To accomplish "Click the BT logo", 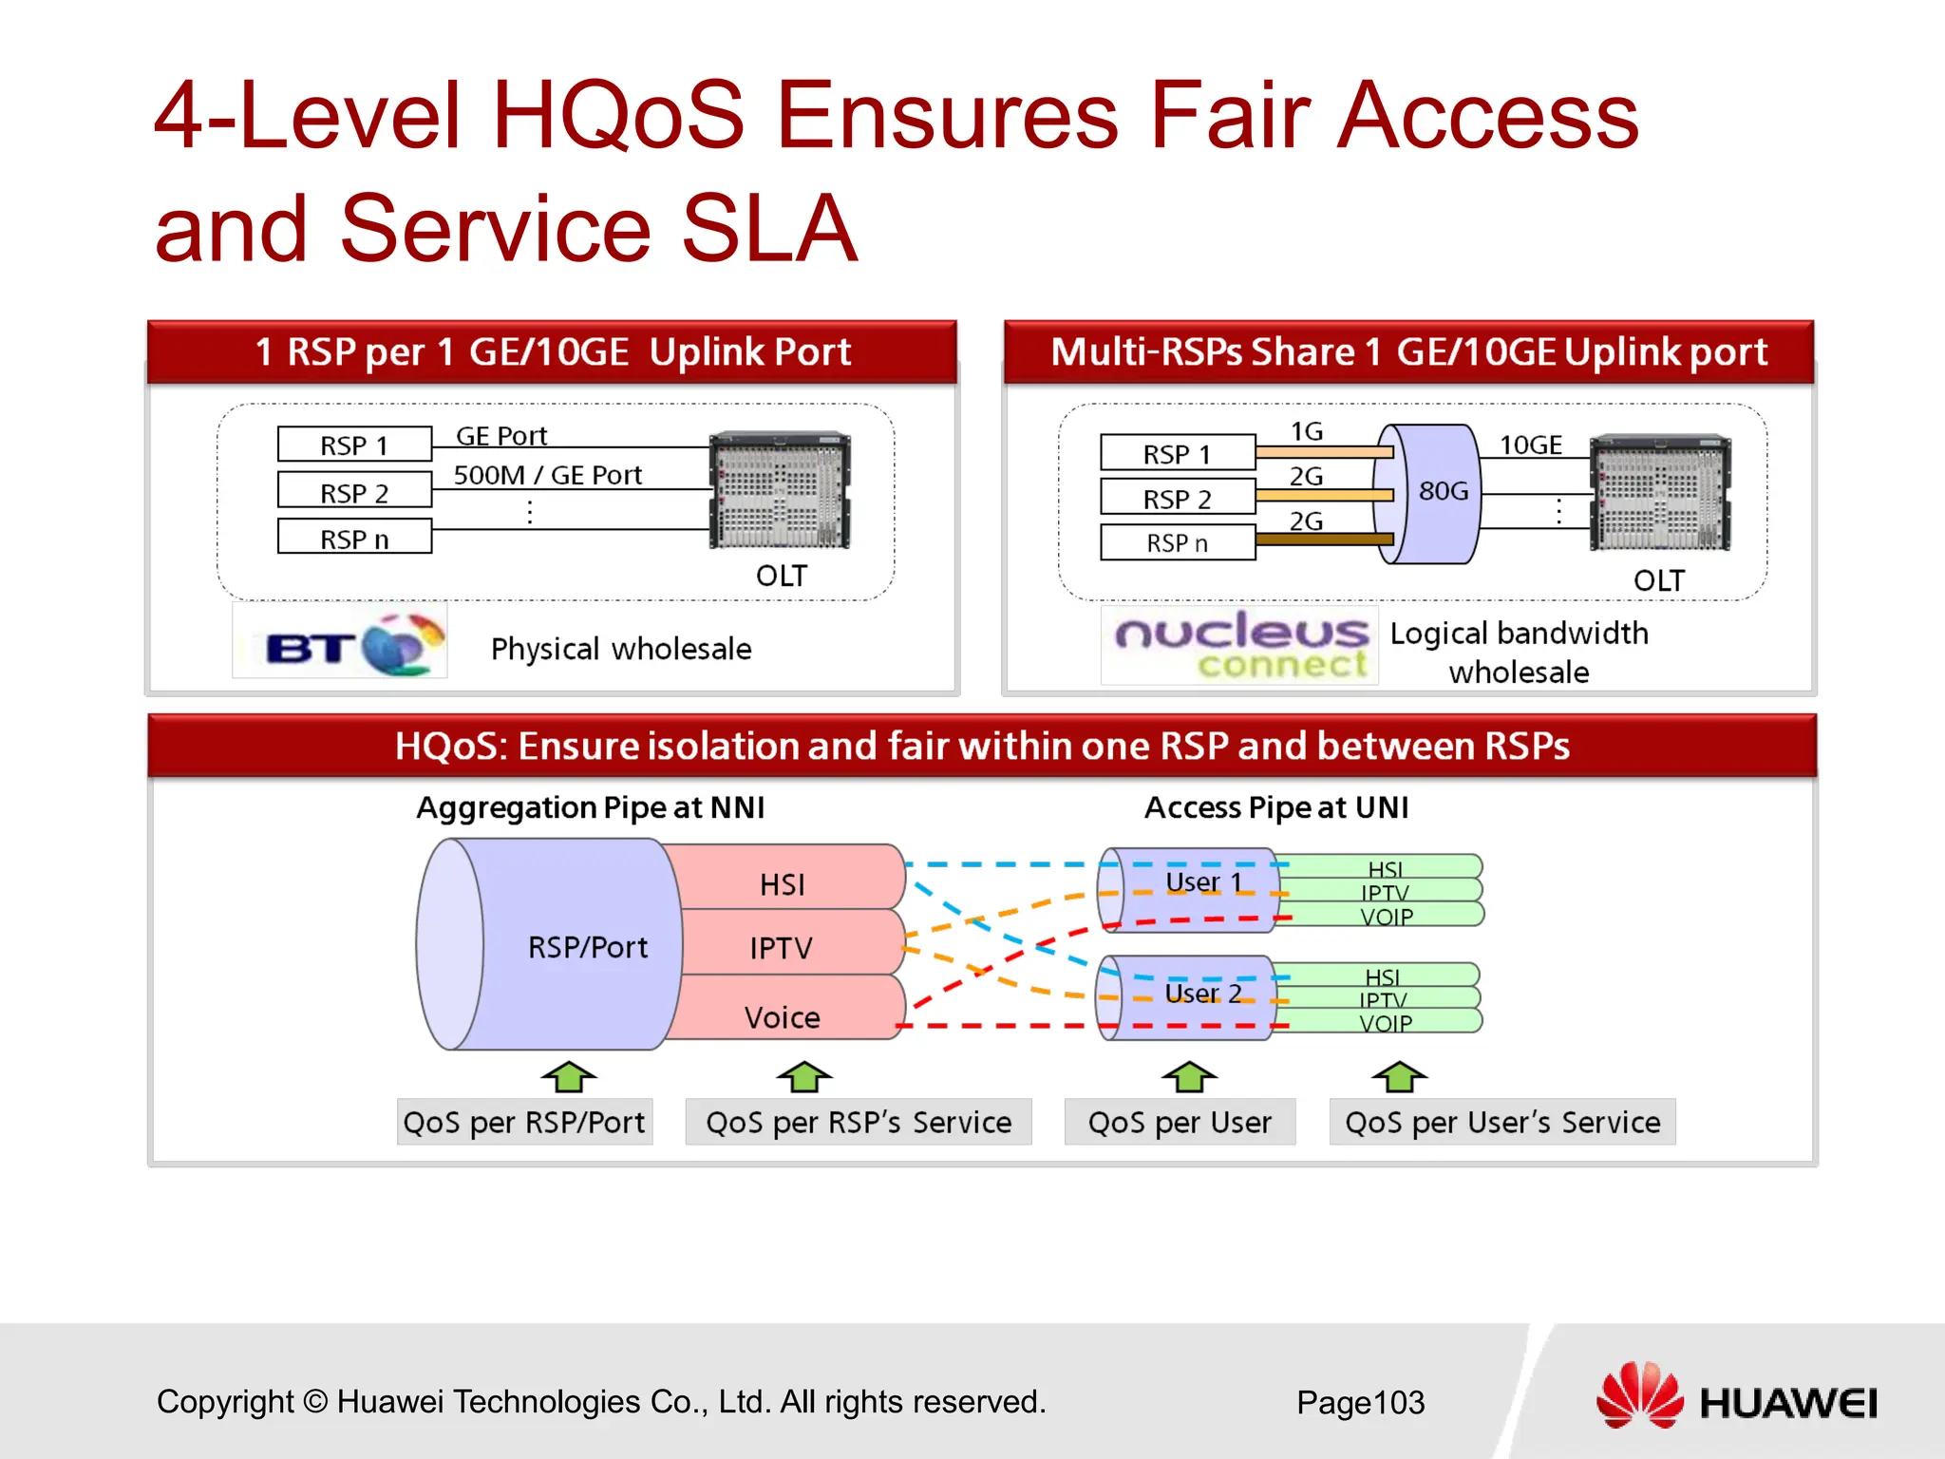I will [340, 643].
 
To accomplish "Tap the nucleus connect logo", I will [1239, 645].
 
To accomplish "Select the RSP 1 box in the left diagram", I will [354, 445].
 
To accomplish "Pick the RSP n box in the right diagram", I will [1178, 543].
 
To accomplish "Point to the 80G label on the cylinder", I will [1443, 491].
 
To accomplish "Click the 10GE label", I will [1530, 445].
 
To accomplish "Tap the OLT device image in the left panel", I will [780, 490].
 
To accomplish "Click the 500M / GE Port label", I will [547, 475].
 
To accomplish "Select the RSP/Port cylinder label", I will [587, 947].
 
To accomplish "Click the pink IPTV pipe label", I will [781, 948].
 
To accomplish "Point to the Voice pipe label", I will [782, 1017].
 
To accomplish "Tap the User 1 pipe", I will [1202, 883].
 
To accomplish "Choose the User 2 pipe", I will [1202, 994].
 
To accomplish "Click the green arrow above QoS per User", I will [1189, 1077].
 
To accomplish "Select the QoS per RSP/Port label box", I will [524, 1122].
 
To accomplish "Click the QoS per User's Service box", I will [1501, 1122].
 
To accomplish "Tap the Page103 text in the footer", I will [1360, 1402].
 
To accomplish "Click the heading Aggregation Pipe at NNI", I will [590, 807].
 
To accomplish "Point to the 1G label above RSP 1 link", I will [1307, 431].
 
